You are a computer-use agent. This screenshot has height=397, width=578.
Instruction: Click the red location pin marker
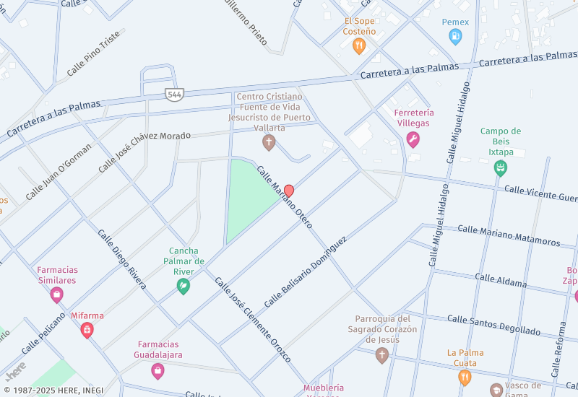point(289,191)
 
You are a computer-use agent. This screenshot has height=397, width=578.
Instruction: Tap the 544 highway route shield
point(174,94)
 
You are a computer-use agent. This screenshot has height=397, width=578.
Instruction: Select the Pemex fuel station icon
point(455,37)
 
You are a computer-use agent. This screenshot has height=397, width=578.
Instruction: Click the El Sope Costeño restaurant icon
point(359,47)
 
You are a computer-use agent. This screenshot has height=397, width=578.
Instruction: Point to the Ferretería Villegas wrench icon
point(413,139)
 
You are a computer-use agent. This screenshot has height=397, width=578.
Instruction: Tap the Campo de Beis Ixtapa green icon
point(500,168)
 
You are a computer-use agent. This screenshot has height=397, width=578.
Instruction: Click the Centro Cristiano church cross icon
point(269,142)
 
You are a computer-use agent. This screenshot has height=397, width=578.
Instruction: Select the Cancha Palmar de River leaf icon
point(184,286)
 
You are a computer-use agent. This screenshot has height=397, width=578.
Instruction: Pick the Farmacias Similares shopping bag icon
point(57,295)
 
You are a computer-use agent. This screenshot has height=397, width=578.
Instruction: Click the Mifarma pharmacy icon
point(87,331)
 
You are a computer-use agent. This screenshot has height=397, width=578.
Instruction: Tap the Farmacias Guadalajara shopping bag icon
point(158,371)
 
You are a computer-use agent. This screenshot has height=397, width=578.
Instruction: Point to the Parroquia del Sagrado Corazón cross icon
point(382,354)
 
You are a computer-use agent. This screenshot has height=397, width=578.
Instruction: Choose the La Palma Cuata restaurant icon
point(465,376)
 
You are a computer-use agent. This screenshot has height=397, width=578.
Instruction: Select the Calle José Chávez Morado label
point(144,152)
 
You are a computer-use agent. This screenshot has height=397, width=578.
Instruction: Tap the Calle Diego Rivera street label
point(122,259)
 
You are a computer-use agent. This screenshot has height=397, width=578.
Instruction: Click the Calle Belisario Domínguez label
point(305,271)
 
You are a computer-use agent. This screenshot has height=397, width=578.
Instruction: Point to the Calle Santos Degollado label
point(493,324)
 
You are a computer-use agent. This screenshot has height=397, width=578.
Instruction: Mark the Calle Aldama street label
point(501,281)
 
